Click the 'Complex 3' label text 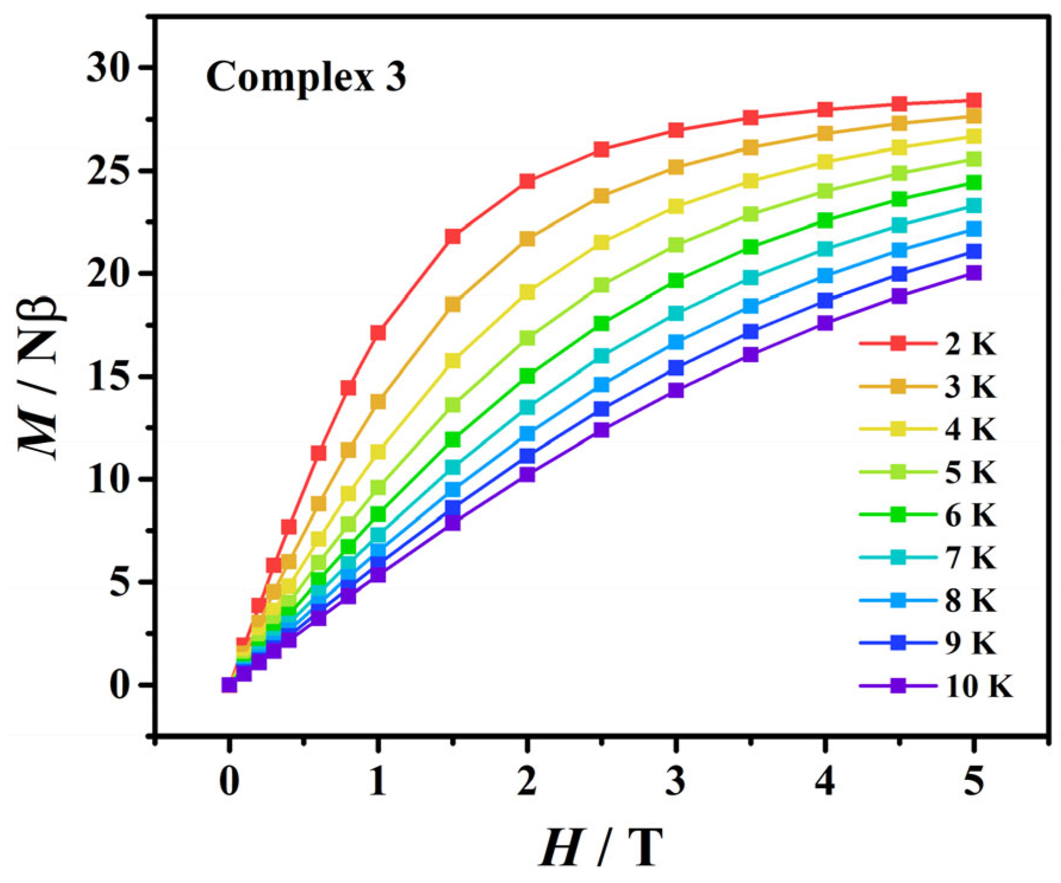tap(306, 77)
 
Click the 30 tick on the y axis tap(113, 67)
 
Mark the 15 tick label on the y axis tap(113, 377)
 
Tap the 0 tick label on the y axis tap(123, 685)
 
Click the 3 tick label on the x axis tap(676, 782)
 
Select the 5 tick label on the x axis tap(973, 782)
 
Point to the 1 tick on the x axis tap(378, 782)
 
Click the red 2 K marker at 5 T tap(973, 100)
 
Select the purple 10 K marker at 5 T tap(973, 273)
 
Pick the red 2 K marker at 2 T tap(527, 181)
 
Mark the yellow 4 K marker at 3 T tap(676, 207)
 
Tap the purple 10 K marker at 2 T tap(527, 474)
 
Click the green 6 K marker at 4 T tap(825, 220)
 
